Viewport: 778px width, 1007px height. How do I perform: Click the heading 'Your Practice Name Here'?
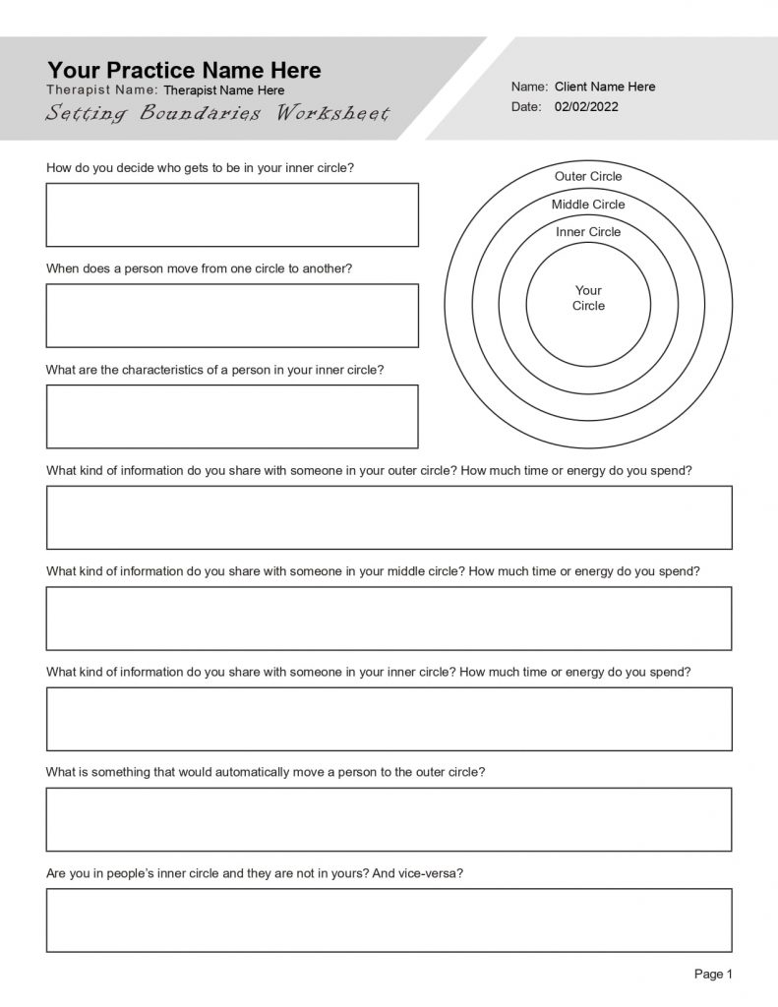(184, 70)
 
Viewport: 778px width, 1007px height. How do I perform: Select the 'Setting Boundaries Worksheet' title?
(217, 113)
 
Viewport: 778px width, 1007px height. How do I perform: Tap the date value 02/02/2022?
(586, 107)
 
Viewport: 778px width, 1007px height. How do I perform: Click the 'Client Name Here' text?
(605, 87)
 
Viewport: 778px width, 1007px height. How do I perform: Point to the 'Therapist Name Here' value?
(223, 90)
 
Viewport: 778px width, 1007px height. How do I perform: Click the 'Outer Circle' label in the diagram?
(588, 176)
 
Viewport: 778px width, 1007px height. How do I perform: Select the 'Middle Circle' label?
(588, 205)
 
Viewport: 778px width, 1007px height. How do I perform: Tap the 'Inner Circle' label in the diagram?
(588, 232)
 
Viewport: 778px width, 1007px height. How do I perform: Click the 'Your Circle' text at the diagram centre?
(588, 298)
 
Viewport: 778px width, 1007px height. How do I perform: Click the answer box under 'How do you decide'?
(232, 214)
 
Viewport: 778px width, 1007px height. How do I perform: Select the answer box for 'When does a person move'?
(232, 316)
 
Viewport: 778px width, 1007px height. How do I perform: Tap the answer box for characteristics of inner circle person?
(232, 416)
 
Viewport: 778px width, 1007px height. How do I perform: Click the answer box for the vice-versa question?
(389, 920)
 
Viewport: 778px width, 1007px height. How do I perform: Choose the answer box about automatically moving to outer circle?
(389, 819)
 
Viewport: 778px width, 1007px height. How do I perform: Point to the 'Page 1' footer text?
(713, 975)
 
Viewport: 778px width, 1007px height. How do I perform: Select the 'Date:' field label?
(526, 107)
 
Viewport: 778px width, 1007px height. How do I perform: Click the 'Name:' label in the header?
(529, 87)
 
